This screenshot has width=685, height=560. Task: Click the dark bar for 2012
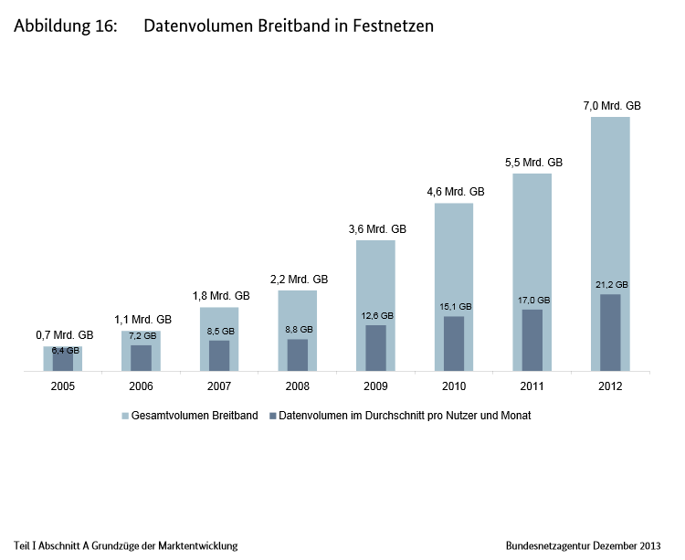point(610,333)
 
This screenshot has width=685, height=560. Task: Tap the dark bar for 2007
point(219,355)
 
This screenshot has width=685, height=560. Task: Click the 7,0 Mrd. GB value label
point(612,105)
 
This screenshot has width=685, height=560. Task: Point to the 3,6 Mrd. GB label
point(376,229)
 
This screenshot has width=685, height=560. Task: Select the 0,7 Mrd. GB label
point(63,335)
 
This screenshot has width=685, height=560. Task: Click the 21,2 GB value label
point(610,284)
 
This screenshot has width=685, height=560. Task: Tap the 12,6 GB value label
point(375,316)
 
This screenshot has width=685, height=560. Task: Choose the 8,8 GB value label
point(298,329)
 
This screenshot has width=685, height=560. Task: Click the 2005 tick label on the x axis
point(63,386)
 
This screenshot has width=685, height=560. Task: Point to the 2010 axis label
point(454,386)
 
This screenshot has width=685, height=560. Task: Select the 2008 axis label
point(298,386)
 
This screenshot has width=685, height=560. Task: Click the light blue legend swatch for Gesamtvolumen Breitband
point(125,416)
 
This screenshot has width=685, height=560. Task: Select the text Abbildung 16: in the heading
point(66,26)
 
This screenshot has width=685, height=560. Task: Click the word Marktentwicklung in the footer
point(195,545)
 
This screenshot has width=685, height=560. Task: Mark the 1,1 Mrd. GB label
point(142,320)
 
